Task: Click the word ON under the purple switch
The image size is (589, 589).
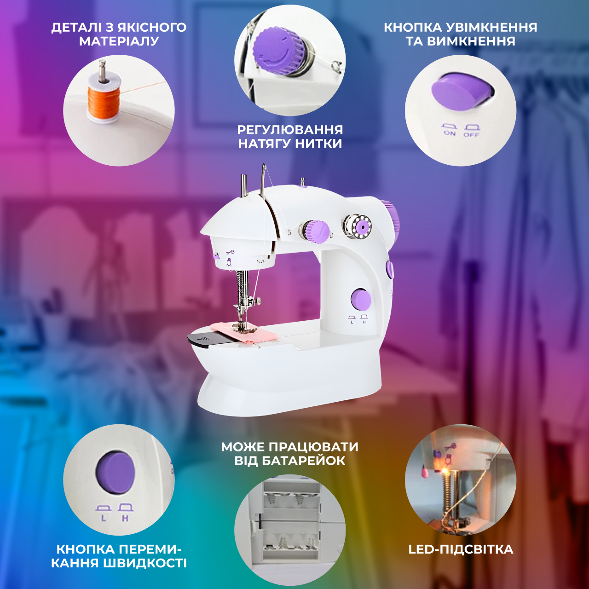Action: [450, 133]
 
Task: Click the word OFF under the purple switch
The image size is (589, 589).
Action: [471, 134]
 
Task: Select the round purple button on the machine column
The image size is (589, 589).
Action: [361, 299]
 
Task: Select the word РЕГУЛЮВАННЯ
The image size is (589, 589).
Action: [290, 130]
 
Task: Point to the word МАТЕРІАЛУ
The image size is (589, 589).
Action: [119, 41]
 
